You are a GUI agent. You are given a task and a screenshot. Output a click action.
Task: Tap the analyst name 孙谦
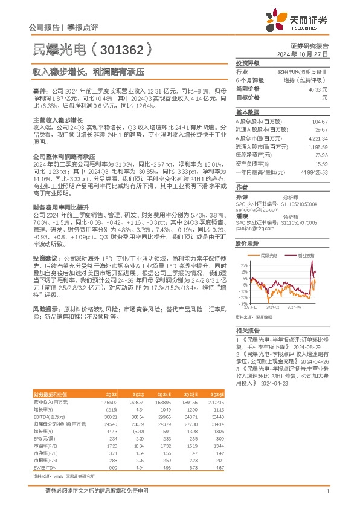tap(242, 197)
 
